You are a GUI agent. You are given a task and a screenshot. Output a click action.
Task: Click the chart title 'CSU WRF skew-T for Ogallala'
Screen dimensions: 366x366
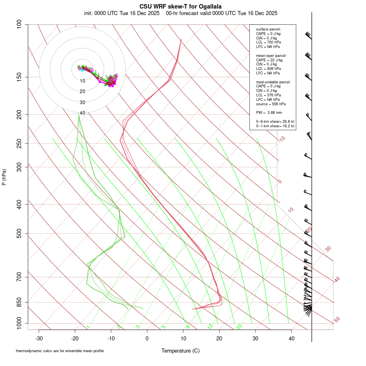pos(181,7)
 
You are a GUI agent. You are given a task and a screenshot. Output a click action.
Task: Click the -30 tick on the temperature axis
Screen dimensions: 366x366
pos(39,338)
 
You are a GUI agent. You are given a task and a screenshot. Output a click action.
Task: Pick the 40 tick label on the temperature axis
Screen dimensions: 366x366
pos(292,338)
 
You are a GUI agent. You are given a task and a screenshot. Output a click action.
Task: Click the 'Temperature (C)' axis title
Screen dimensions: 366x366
pos(181,351)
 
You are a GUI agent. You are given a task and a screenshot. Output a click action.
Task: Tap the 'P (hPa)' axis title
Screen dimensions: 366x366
pos(4,177)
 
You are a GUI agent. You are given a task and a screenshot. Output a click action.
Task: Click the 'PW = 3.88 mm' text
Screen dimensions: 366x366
pos(269,112)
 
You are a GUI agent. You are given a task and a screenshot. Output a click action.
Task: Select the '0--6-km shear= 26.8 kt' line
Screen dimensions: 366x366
pos(275,122)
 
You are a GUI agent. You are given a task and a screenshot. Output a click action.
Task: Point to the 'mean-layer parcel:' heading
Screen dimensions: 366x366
pos(271,55)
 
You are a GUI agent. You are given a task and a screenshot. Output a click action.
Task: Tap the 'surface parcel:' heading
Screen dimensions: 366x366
pos(268,29)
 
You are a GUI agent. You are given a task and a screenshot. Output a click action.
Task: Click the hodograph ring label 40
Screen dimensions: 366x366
pos(82,113)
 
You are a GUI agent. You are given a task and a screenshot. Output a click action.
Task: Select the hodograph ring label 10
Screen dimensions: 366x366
pos(82,81)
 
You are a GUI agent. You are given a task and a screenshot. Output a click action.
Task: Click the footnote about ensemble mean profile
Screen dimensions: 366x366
pos(60,351)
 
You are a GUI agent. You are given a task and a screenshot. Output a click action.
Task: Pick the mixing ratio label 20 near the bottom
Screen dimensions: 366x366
pos(239,327)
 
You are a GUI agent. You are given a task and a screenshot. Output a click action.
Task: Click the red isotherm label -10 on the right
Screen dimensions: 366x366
pos(281,139)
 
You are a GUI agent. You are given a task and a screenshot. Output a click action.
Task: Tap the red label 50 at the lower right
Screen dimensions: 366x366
pos(337,320)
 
